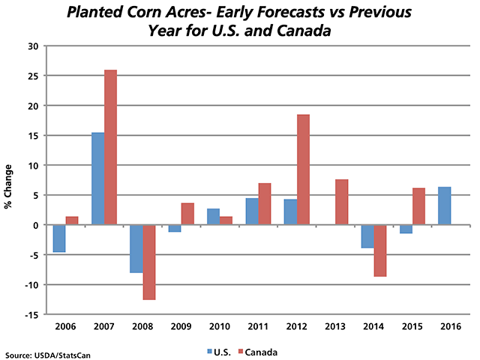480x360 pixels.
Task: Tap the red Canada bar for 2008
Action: pyautogui.click(x=148, y=262)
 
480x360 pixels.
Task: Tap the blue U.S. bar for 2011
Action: pyautogui.click(x=252, y=211)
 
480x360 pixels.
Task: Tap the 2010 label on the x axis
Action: pyautogui.click(x=220, y=328)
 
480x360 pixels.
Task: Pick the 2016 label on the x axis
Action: pyautogui.click(x=451, y=328)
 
